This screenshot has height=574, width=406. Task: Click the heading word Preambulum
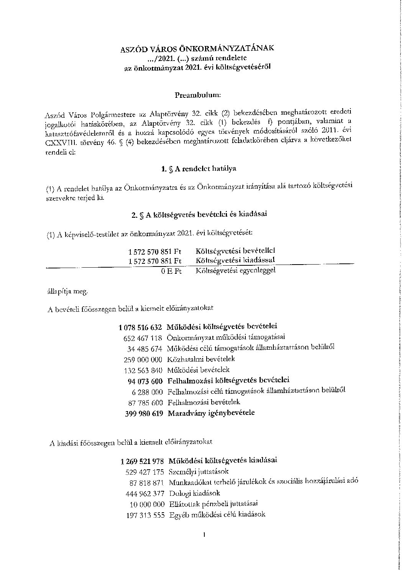point(198,94)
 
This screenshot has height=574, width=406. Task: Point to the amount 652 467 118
point(143,338)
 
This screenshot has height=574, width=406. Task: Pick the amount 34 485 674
point(145,349)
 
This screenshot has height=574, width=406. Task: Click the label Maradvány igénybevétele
point(211,413)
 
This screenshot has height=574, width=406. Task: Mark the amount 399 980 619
point(144,413)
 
